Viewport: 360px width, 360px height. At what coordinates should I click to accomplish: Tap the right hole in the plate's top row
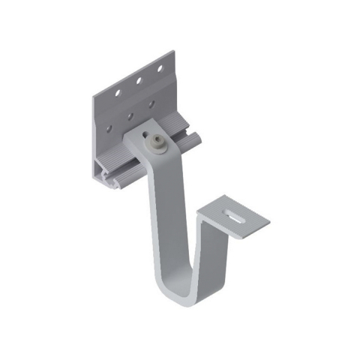[159, 70]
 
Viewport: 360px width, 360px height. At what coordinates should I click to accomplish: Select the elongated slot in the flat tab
[235, 218]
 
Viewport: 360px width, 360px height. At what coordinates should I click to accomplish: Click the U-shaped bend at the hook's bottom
[176, 289]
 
